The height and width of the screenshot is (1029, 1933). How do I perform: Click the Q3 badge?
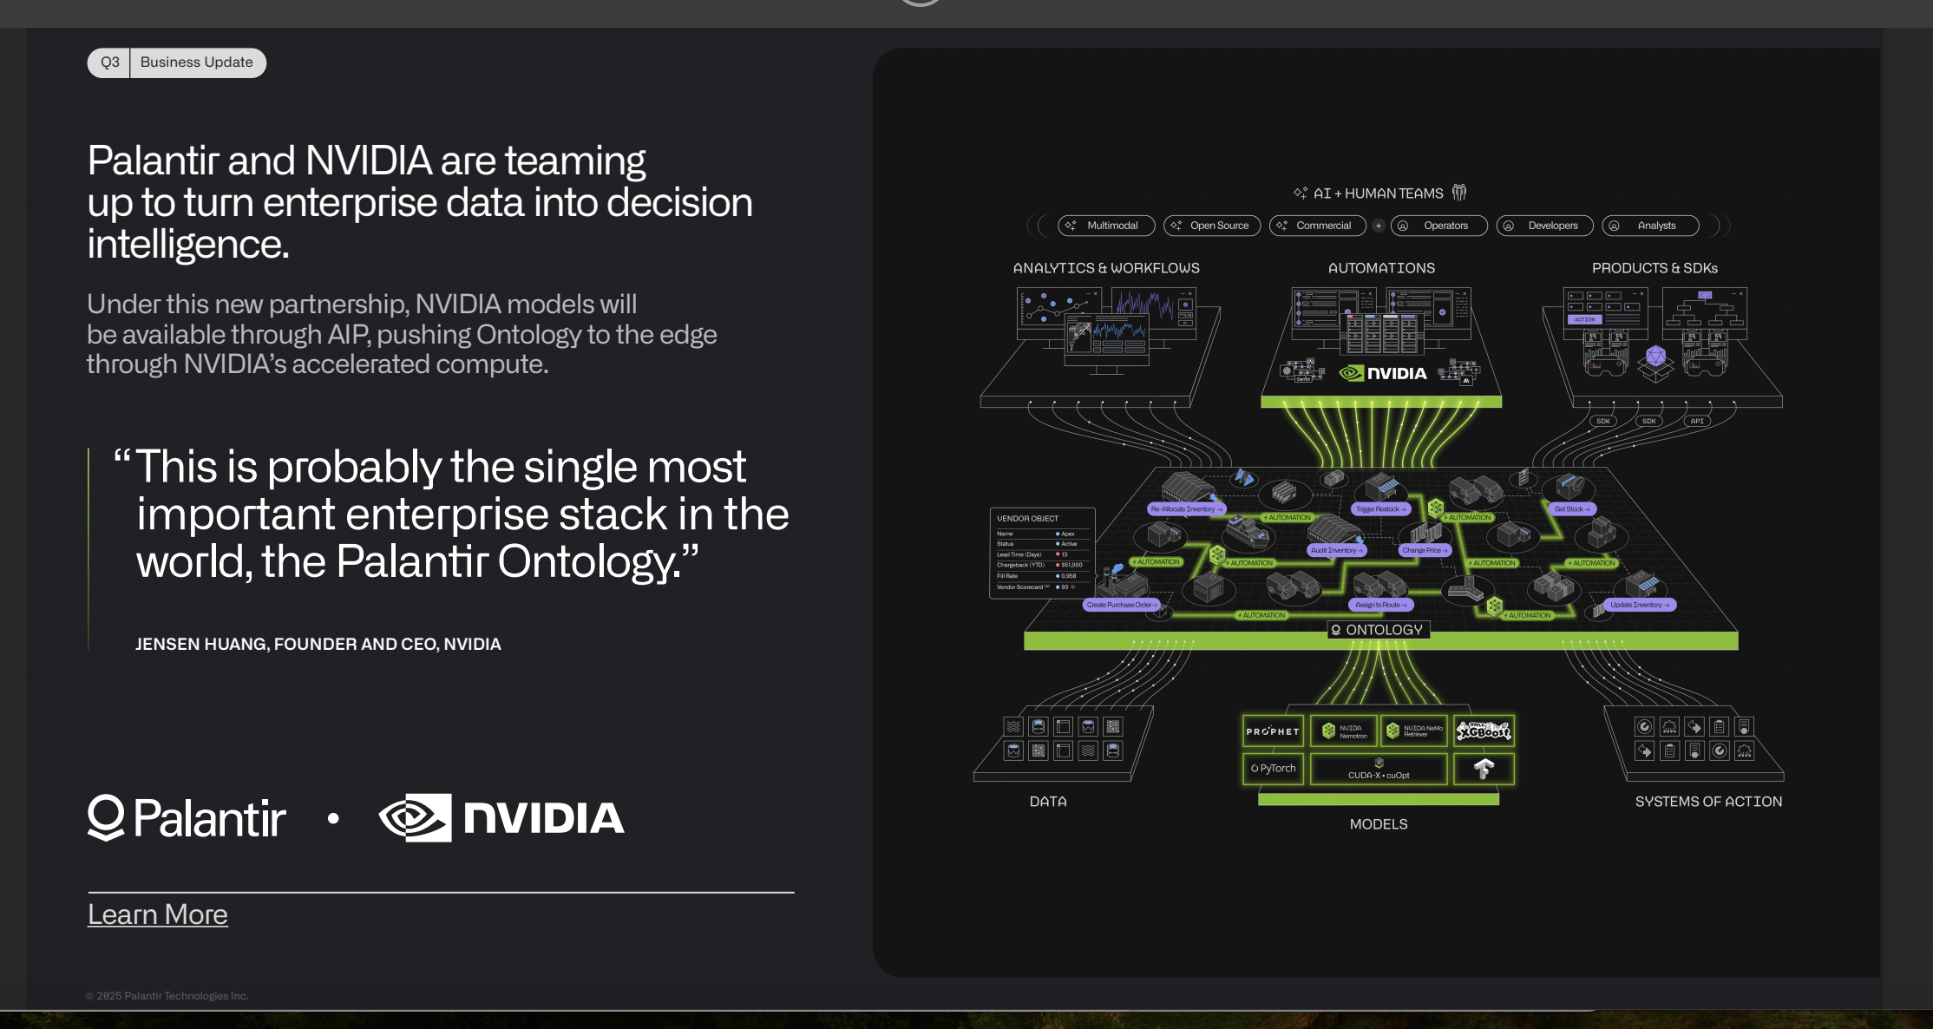tap(109, 62)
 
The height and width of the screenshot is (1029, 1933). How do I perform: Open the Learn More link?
tap(158, 914)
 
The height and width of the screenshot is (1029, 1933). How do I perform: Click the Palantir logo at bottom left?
tap(187, 818)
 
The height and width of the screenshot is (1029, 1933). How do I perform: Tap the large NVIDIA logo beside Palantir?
tap(501, 818)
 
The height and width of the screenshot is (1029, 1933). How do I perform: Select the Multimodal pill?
tap(1106, 226)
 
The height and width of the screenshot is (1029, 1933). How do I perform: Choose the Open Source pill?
tap(1212, 226)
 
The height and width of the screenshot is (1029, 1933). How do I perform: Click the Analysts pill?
tap(1650, 226)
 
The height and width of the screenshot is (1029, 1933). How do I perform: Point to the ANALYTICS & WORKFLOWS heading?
tap(1106, 268)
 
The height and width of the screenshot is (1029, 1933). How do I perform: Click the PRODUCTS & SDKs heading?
tap(1655, 268)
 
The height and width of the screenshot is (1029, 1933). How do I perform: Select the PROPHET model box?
tap(1273, 731)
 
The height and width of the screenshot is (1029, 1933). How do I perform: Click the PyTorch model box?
tap(1273, 769)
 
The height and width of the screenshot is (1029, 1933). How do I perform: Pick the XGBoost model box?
tap(1484, 731)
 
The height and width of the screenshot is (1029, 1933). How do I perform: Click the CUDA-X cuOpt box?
tap(1379, 770)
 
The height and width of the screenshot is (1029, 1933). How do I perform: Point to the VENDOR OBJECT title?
tap(1027, 519)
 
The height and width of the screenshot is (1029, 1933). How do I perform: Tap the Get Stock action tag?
tap(1571, 509)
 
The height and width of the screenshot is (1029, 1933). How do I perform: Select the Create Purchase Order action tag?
tap(1122, 605)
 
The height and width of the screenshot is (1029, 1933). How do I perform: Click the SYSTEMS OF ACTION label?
tap(1708, 802)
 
